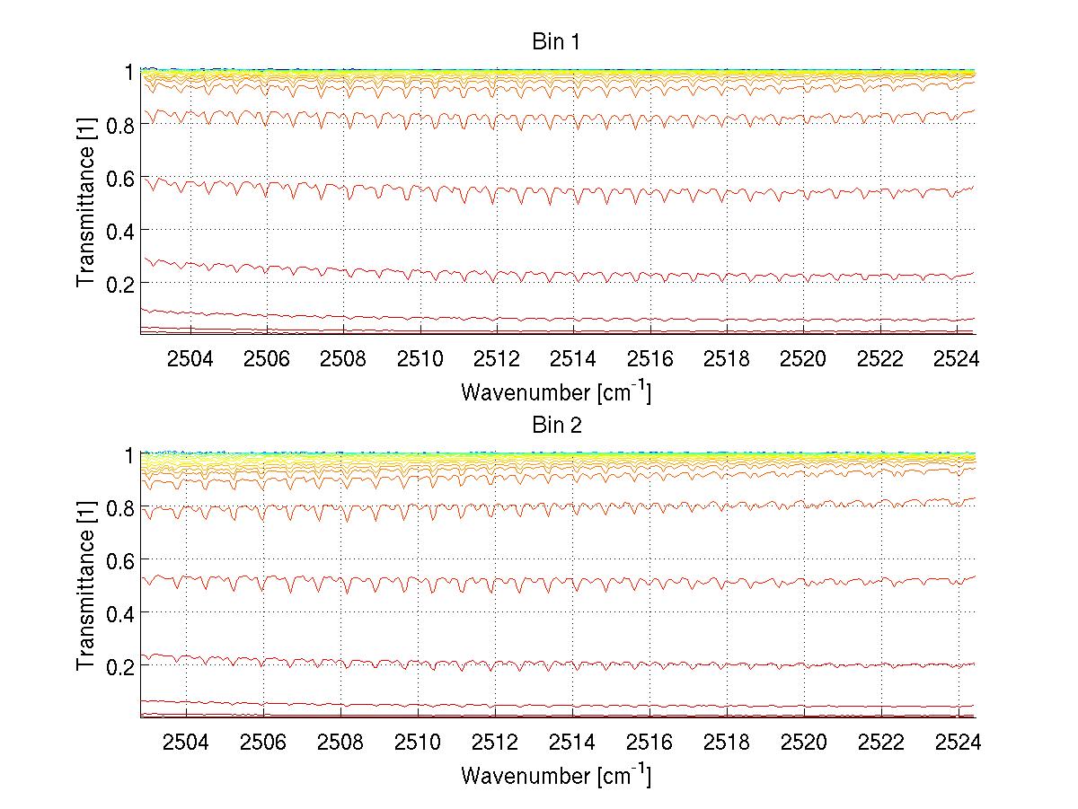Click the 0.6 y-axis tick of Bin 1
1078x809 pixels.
[120, 178]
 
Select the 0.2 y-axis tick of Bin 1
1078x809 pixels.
[120, 283]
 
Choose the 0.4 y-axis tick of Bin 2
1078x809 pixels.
[120, 613]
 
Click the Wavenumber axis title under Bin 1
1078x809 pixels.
[555, 391]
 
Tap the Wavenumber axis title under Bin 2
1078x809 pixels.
[555, 775]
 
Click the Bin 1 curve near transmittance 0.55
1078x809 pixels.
[629, 192]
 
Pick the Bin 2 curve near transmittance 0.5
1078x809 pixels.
[629, 581]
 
